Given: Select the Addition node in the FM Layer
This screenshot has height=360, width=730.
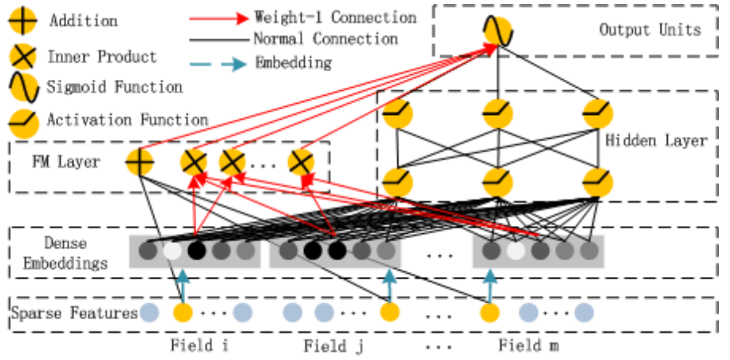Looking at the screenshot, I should click(139, 163).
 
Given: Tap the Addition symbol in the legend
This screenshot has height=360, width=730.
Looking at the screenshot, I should click(22, 21).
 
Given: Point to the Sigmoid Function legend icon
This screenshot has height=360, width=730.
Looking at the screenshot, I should click(22, 86).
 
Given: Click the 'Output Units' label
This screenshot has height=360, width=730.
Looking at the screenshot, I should click(649, 30).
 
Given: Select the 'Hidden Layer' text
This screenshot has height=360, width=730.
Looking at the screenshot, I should click(656, 141).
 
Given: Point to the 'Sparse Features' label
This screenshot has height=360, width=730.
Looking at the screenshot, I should click(75, 313).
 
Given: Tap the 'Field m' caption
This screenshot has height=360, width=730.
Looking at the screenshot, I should click(528, 346).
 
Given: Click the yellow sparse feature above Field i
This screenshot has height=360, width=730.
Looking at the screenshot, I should click(183, 312).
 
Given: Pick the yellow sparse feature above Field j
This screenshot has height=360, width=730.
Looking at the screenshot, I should click(389, 312).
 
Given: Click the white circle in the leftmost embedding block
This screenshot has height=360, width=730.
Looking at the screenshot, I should click(172, 252).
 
